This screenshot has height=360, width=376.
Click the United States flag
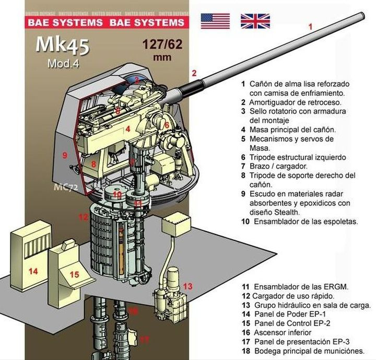coord(215,20)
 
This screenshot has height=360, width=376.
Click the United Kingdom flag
coord(255,20)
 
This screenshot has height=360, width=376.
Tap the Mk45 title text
coord(62,45)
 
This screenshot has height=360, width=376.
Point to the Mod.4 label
coord(62,64)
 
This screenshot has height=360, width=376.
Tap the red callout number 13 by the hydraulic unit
coord(188,286)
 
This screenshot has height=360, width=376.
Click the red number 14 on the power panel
coord(33,271)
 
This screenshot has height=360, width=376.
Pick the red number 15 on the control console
coord(74,274)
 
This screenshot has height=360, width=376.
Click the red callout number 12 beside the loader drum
coord(83,216)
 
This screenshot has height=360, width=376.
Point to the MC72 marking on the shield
coord(66,186)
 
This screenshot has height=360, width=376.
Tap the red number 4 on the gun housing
coord(127,129)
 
